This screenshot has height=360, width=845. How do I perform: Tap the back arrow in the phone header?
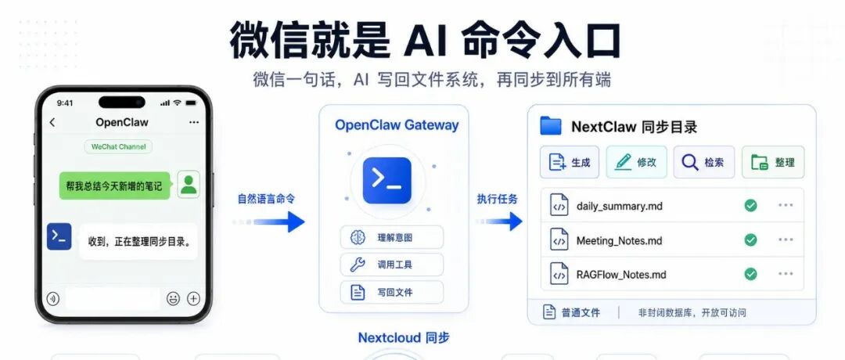[52, 122]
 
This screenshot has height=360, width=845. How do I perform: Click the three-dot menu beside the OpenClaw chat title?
[194, 122]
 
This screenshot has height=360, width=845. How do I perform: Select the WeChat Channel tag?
[119, 146]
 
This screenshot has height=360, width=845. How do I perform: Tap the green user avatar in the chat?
[189, 185]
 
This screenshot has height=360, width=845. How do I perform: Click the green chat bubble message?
[114, 186]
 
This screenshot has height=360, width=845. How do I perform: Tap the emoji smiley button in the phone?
[173, 298]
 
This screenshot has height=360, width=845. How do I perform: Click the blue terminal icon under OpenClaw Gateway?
[387, 181]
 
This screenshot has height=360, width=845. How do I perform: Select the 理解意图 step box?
[392, 237]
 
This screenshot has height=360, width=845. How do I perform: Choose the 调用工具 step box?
[392, 265]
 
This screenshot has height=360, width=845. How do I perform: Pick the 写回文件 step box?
[392, 292]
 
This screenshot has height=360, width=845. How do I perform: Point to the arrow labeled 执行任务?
[499, 221]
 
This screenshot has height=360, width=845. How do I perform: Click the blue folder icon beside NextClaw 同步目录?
[551, 126]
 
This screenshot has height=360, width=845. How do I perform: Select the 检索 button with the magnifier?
[704, 162]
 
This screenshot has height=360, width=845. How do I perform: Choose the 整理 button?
[773, 162]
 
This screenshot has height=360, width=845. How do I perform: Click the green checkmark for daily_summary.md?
[750, 205]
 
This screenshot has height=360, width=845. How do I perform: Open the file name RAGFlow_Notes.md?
[621, 275]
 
